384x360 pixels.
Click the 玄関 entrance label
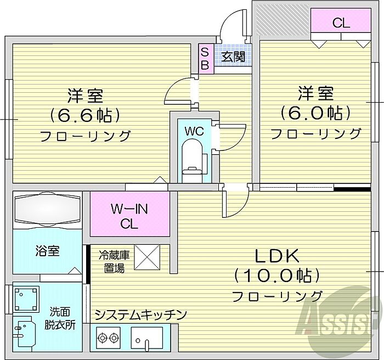(234, 57)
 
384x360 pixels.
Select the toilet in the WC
(191, 159)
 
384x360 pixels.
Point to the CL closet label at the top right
(341, 23)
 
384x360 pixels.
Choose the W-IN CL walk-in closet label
(129, 216)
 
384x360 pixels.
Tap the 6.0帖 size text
(315, 113)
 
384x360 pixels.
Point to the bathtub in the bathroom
(47, 209)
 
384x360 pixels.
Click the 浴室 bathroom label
(48, 251)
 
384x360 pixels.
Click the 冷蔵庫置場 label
(114, 261)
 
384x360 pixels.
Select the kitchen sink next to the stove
(146, 336)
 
